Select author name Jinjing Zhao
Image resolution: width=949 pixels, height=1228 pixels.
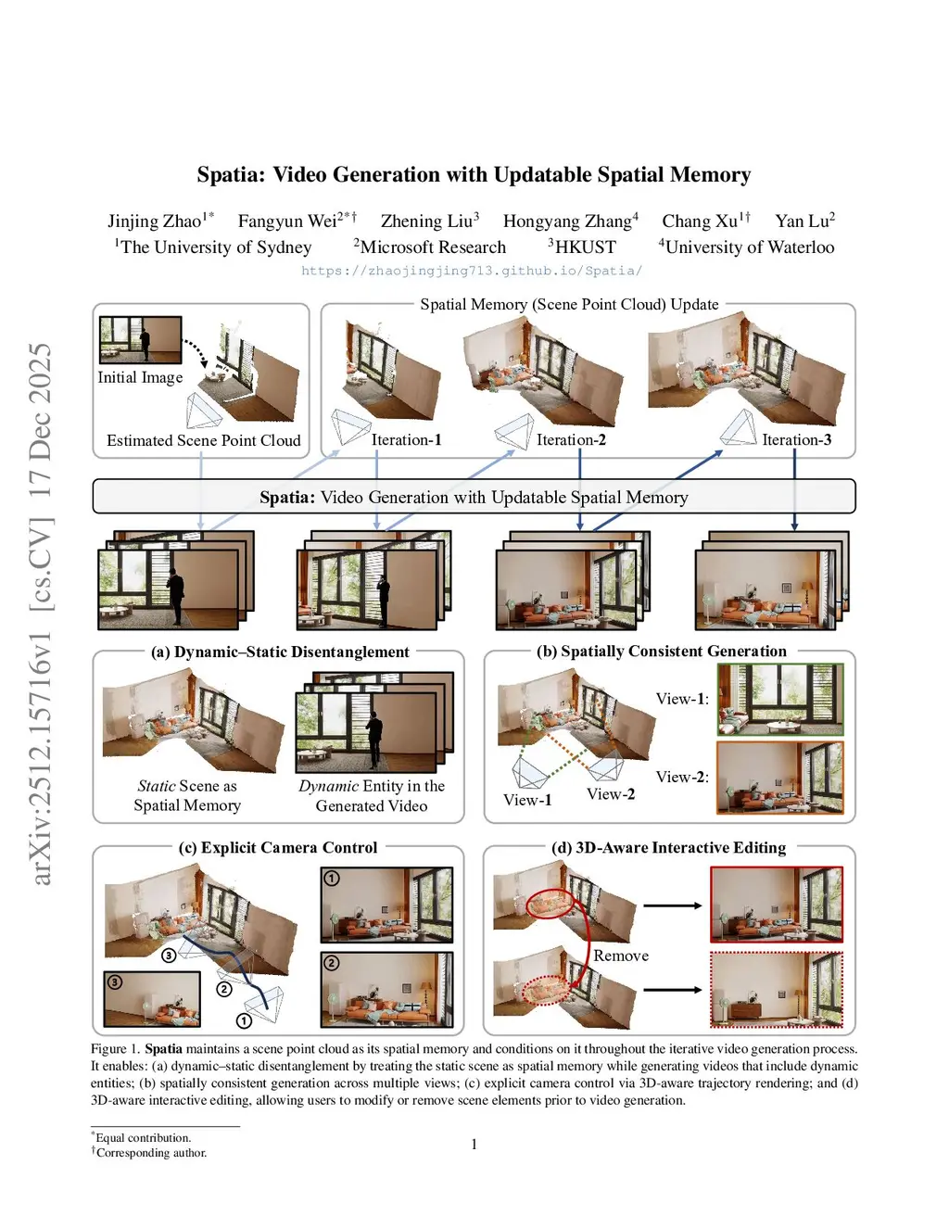coord(154,222)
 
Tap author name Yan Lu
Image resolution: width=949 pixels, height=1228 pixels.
coord(802,222)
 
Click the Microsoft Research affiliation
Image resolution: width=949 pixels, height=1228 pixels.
coord(433,247)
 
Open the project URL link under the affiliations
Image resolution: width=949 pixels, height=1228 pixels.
coord(472,271)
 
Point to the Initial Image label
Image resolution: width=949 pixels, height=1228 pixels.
coord(140,377)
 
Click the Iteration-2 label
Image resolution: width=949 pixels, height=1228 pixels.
coord(571,440)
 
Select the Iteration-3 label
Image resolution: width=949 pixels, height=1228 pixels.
coord(796,440)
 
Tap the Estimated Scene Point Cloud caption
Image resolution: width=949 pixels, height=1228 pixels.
coord(204,441)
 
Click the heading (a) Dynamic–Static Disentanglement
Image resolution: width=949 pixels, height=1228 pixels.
coord(280,652)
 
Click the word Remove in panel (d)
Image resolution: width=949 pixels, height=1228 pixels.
coord(621,956)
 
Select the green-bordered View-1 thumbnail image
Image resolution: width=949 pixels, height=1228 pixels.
coord(780,700)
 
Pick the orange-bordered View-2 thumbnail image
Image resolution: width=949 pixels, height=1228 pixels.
coord(780,778)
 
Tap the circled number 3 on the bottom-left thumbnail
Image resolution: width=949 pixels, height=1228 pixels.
coord(115,981)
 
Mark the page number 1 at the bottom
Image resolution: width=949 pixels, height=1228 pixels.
coord(474,1145)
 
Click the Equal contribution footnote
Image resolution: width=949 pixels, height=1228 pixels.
coord(144,1138)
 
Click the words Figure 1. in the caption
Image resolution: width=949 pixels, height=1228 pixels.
coord(115,1049)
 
